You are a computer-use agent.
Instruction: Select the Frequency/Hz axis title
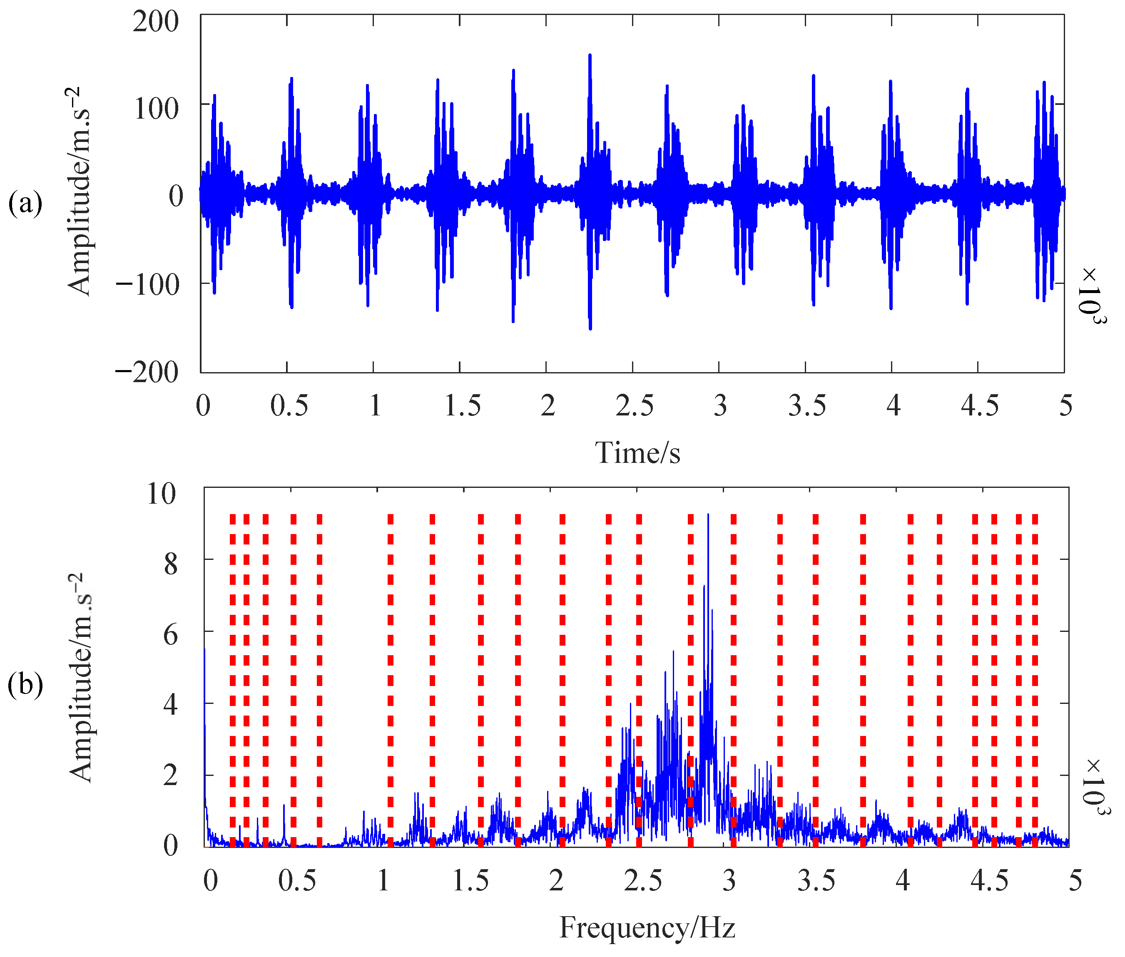[647, 927]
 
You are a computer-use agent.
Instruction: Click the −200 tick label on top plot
[147, 372]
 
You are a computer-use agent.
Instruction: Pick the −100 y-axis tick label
[147, 284]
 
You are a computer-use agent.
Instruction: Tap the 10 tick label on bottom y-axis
[161, 494]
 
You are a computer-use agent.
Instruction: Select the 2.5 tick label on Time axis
[634, 406]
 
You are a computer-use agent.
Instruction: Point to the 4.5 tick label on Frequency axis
[989, 880]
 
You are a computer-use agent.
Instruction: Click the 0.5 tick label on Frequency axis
[297, 880]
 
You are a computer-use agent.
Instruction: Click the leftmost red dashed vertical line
[232, 678]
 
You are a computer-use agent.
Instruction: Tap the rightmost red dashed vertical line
[1034, 678]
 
